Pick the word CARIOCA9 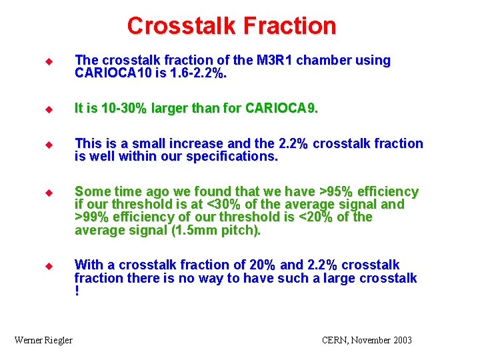(281, 108)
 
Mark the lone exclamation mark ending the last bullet (77, 291)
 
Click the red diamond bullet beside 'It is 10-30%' (49, 108)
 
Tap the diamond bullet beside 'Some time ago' (49, 192)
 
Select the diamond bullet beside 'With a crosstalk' (49, 265)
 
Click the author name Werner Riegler (43, 340)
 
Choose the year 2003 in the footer (401, 340)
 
